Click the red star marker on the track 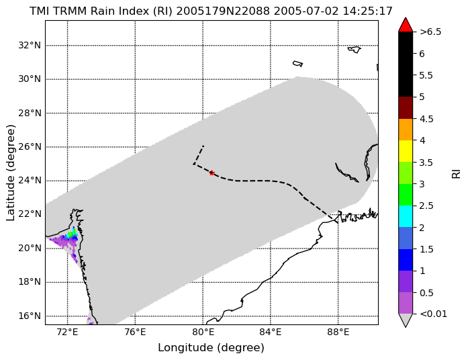pos(212,173)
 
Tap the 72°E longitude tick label pos(68,332)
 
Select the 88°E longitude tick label pos(338,332)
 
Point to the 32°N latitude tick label pos(30,46)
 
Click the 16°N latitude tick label pos(30,316)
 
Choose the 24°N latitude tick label pos(30,181)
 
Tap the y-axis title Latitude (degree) pos(11,173)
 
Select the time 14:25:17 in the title pos(367,11)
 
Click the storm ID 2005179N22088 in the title pos(223,11)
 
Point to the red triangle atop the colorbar pos(406,25)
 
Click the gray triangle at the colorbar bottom pos(406,320)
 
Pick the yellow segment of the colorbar pos(406,151)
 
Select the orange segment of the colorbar pos(406,130)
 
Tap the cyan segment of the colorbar pos(406,216)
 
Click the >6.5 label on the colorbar pos(430,32)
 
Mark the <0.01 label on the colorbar pos(433,314)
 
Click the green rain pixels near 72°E pos(72,234)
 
